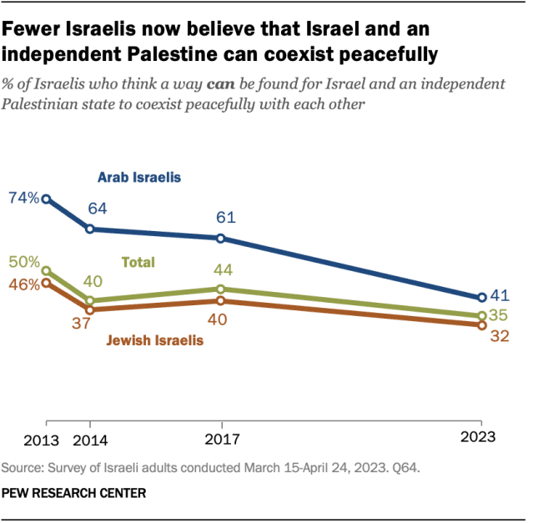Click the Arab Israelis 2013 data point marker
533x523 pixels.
tap(46, 199)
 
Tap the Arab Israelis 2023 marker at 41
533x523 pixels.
tap(481, 298)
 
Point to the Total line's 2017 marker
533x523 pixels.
tap(220, 289)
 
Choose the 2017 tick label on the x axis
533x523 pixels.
tap(220, 437)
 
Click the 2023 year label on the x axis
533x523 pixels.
tap(479, 437)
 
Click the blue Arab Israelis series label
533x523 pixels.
tap(139, 177)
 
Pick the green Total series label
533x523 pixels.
tap(138, 262)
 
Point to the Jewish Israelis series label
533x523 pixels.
tap(154, 340)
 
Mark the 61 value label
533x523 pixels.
tap(225, 219)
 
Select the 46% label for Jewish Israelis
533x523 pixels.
tap(22, 284)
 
